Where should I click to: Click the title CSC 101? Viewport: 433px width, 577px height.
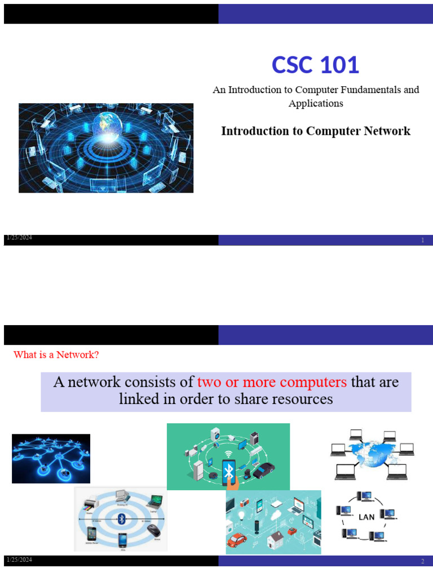[315, 65]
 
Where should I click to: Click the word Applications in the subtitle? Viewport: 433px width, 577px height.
[316, 104]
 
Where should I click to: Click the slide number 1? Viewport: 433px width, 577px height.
[422, 241]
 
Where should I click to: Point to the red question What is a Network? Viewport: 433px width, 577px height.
[56, 355]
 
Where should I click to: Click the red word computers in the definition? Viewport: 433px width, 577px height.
[311, 382]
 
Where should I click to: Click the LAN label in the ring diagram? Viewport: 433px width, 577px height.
[366, 517]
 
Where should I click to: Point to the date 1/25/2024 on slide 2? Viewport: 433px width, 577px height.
[19, 560]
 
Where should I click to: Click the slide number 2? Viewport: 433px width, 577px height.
[422, 562]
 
